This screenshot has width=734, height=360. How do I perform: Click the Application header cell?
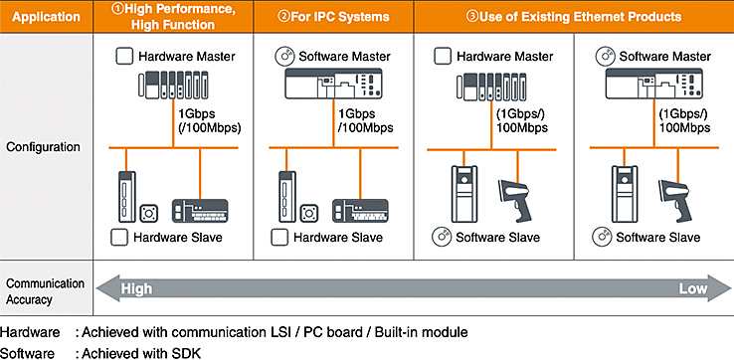click(47, 17)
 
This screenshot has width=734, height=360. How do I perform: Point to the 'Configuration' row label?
click(43, 147)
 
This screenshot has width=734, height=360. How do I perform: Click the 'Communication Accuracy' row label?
click(46, 291)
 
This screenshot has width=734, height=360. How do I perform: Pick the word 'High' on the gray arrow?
click(136, 288)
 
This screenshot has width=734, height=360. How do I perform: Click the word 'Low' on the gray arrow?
click(693, 288)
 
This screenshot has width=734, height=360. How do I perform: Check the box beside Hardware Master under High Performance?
click(124, 57)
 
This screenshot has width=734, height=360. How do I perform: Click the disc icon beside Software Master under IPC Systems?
click(283, 57)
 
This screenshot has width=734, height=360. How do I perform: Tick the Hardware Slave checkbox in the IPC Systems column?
click(279, 238)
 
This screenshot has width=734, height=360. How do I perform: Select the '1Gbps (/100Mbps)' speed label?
click(209, 121)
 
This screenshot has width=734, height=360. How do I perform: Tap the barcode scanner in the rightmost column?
click(675, 199)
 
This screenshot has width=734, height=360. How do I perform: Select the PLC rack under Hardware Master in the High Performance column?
click(175, 84)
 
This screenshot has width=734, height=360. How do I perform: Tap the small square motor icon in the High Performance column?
click(149, 213)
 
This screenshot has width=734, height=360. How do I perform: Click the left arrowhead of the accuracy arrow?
click(105, 288)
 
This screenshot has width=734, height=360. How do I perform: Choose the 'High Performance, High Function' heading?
click(173, 17)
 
